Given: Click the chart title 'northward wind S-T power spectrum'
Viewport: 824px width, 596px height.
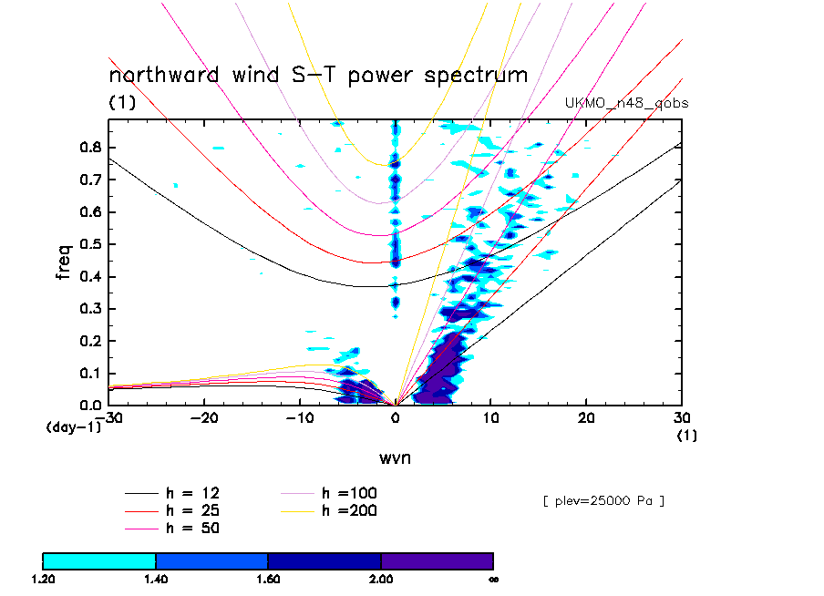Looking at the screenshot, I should click(318, 75).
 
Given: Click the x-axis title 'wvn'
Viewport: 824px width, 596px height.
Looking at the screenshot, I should click(395, 457).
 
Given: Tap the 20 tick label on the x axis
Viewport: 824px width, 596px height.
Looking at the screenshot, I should click(586, 417).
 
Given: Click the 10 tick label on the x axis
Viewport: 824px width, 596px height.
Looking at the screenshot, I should click(490, 417).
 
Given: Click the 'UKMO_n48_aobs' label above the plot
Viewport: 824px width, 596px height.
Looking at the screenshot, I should click(626, 103).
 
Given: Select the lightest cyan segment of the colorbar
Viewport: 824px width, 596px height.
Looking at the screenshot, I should click(99, 560).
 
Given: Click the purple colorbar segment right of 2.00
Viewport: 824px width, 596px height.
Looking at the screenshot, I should click(437, 560).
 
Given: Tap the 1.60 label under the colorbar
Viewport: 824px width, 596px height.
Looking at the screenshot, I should click(268, 579).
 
